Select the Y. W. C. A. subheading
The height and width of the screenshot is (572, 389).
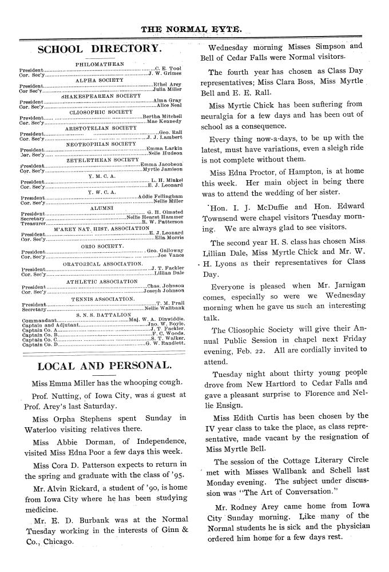(x=102, y=192)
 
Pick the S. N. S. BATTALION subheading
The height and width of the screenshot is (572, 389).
(x=104, y=314)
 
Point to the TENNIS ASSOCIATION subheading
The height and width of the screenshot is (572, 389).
(x=103, y=299)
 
